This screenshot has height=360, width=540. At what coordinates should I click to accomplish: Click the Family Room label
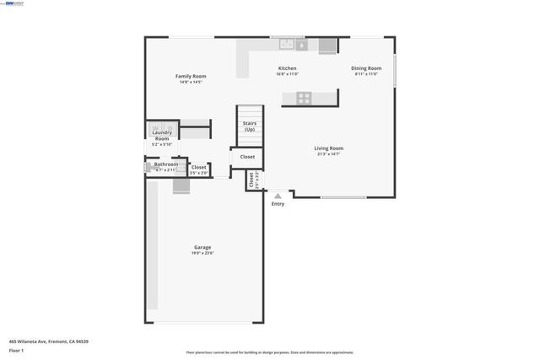(191, 76)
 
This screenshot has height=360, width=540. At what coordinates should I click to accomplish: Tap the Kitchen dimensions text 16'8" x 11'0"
(288, 74)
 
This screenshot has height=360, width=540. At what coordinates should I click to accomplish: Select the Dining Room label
(366, 68)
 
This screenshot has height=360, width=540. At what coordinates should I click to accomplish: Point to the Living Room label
(329, 148)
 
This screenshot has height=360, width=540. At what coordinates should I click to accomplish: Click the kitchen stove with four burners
(303, 98)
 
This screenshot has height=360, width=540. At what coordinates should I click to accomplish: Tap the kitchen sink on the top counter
(287, 44)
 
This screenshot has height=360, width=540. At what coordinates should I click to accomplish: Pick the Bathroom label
(165, 164)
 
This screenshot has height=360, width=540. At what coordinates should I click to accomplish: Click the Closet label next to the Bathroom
(199, 167)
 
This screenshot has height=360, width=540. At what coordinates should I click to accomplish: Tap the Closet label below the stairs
(247, 157)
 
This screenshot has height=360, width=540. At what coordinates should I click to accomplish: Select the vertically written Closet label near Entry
(251, 180)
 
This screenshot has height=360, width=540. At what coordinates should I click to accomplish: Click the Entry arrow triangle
(278, 195)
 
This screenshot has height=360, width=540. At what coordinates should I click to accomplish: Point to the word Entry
(278, 203)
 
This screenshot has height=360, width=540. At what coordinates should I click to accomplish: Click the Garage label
(202, 247)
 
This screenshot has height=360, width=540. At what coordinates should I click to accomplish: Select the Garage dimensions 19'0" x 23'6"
(202, 253)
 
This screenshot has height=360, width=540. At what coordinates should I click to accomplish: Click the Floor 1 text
(16, 350)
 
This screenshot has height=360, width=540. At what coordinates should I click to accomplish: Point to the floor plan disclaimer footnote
(270, 352)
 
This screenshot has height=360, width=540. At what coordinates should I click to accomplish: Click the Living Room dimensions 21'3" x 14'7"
(329, 154)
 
